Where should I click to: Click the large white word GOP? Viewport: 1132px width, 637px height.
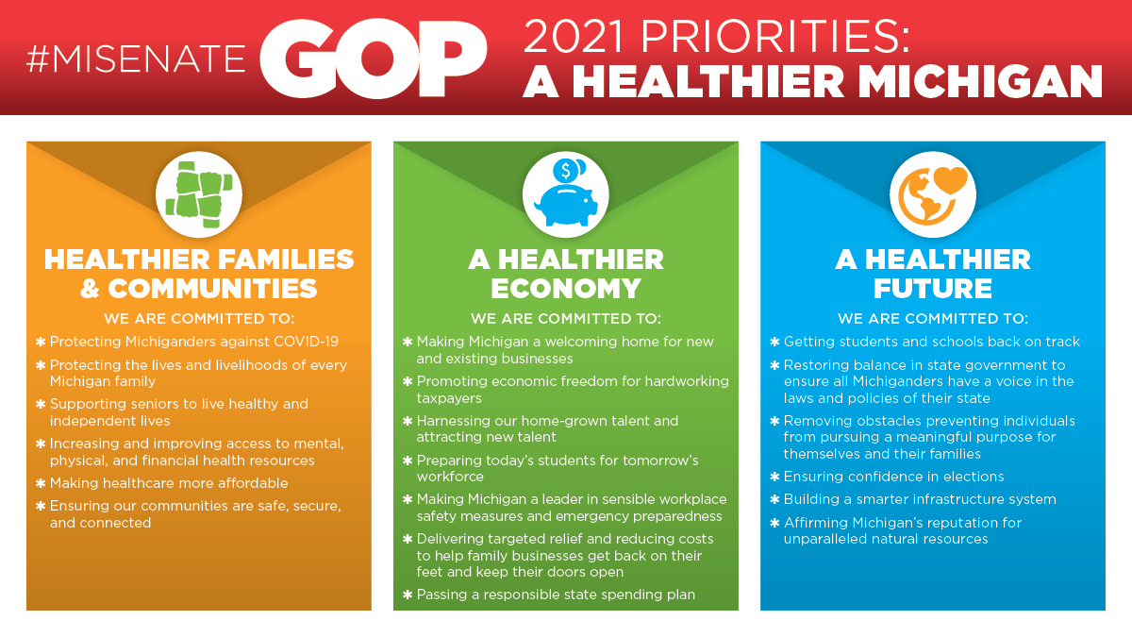[x=374, y=59]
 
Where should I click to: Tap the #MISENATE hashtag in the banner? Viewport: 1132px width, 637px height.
[x=136, y=59]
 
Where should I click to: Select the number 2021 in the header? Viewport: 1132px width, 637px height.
[x=574, y=36]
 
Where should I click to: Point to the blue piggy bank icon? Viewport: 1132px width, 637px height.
[x=566, y=205]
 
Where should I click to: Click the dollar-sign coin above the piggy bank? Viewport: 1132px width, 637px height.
[x=565, y=171]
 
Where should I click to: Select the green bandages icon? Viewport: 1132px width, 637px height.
[x=199, y=194]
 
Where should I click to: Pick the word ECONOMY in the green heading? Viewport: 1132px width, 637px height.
[x=566, y=289]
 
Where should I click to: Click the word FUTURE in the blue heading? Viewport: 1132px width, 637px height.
[x=933, y=289]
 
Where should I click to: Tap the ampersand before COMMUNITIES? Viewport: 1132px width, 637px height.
[x=90, y=289]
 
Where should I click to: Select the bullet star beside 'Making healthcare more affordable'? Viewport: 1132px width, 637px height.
[x=41, y=483]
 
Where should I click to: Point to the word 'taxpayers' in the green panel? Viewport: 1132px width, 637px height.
[x=449, y=398]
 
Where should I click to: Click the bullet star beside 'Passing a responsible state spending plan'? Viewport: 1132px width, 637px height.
[x=408, y=595]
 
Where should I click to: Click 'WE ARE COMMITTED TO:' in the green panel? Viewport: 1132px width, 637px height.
[x=566, y=319]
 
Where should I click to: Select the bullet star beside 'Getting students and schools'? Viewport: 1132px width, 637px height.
[x=774, y=342]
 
